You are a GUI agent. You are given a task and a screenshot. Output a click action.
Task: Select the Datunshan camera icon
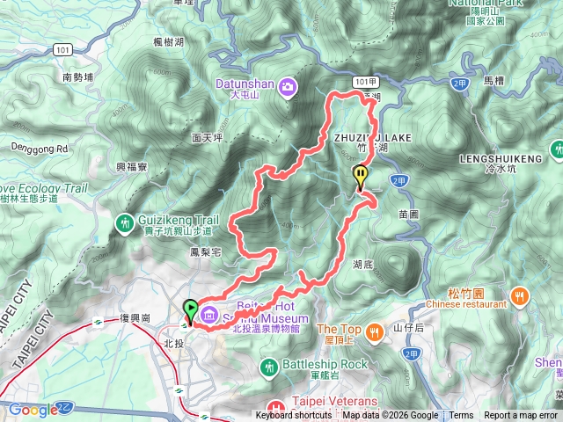pyautogui.click(x=289, y=85)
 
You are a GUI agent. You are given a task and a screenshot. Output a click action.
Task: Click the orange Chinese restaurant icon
pyautogui.click(x=521, y=295)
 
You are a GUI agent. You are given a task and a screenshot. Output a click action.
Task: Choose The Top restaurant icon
pyautogui.click(x=376, y=331)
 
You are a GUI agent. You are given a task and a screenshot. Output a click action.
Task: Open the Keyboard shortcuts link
pyautogui.click(x=294, y=416)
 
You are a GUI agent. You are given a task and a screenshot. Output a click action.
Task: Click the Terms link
pyautogui.click(x=461, y=416)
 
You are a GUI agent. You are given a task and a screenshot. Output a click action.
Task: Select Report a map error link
pyautogui.click(x=521, y=416)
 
